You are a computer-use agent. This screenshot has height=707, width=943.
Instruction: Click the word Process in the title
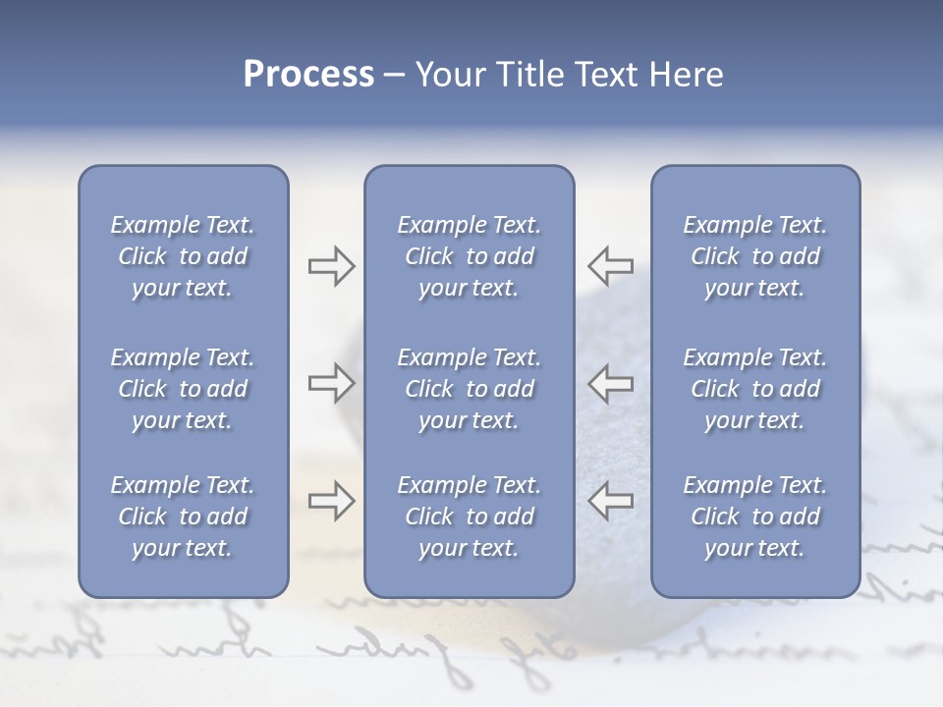pyautogui.click(x=308, y=75)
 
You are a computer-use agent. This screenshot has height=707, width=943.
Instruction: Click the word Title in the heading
pyautogui.click(x=527, y=75)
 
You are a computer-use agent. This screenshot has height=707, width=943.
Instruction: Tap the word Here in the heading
pyautogui.click(x=687, y=75)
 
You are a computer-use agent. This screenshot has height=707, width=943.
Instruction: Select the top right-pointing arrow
pyautogui.click(x=331, y=266)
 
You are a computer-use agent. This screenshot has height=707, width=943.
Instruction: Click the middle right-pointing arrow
pyautogui.click(x=331, y=383)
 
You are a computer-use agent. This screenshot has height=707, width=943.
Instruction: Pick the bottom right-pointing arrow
pyautogui.click(x=331, y=501)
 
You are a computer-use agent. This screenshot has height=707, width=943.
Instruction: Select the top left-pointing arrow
pyautogui.click(x=611, y=266)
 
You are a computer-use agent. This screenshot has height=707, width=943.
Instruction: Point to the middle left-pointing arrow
pyautogui.click(x=611, y=383)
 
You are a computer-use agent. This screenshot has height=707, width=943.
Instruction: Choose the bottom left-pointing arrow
pyautogui.click(x=611, y=501)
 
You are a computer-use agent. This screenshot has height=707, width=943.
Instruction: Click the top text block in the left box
pyautogui.click(x=183, y=256)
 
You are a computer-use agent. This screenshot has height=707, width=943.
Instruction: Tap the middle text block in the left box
pyautogui.click(x=183, y=389)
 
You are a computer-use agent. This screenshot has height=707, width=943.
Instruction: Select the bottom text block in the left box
pyautogui.click(x=183, y=517)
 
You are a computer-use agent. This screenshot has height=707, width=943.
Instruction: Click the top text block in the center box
pyautogui.click(x=470, y=256)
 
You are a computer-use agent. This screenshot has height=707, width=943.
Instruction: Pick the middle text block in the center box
pyautogui.click(x=470, y=389)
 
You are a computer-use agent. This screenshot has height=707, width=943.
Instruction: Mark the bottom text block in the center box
pyautogui.click(x=470, y=517)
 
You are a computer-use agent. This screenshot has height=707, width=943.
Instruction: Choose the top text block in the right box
pyautogui.click(x=755, y=256)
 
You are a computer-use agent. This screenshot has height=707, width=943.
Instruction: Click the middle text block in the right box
pyautogui.click(x=755, y=389)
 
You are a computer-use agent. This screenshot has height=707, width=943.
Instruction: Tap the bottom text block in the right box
pyautogui.click(x=755, y=517)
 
